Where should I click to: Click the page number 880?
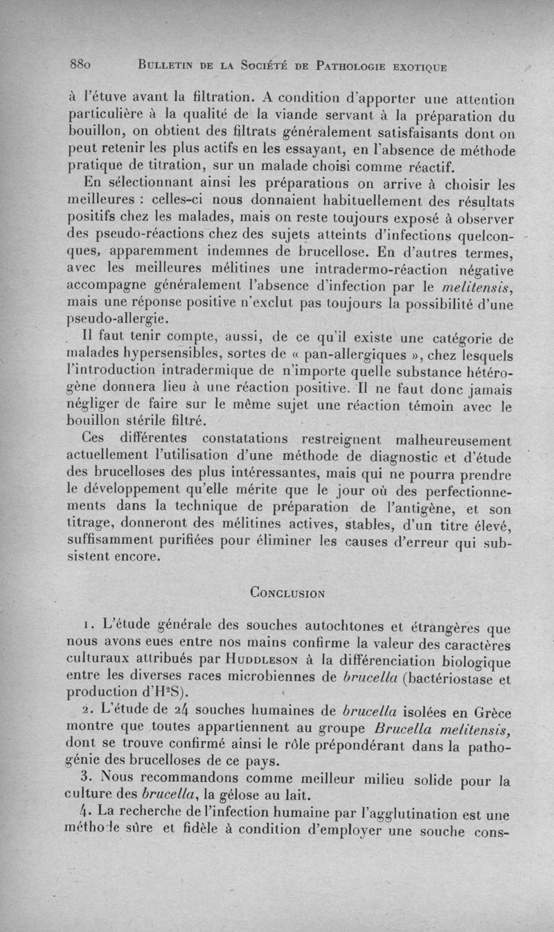(82, 66)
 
